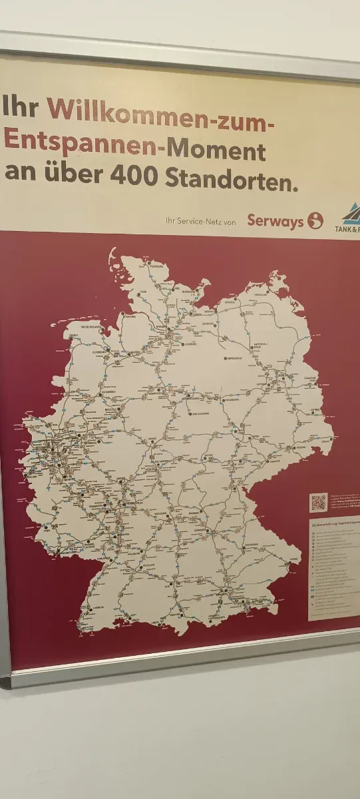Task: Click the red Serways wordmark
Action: (x=275, y=221)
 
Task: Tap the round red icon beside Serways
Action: (x=315, y=220)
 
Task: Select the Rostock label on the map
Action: (x=230, y=301)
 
